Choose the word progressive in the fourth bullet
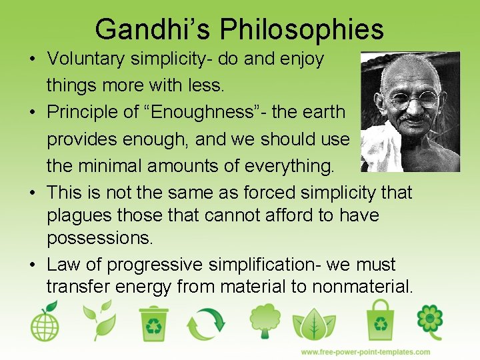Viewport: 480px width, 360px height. click(x=153, y=265)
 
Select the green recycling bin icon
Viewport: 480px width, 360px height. click(x=154, y=323)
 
